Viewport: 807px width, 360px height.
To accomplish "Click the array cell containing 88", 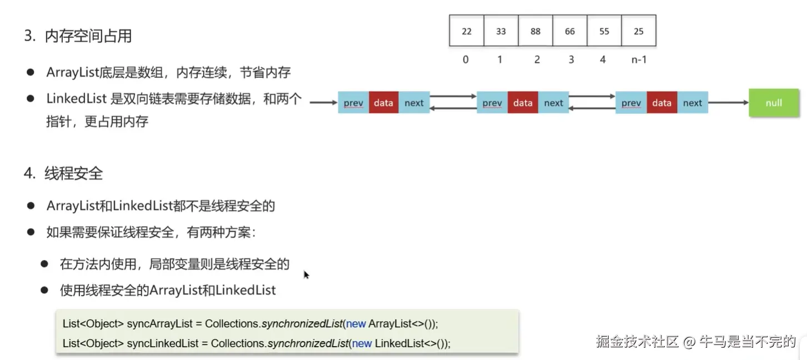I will pyautogui.click(x=535, y=31).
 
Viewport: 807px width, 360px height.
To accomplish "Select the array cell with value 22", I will pyautogui.click(x=467, y=31).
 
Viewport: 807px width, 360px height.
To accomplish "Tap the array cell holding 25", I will pyautogui.click(x=639, y=31).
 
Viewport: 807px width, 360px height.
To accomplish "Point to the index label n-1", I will pyautogui.click(x=639, y=59).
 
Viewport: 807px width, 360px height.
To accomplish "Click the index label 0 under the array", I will pyautogui.click(x=465, y=59).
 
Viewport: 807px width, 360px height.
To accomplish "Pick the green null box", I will pyautogui.click(x=774, y=103).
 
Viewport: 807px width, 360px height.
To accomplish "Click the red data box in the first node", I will pyautogui.click(x=383, y=103).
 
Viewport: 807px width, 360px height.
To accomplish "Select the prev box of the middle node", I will pyautogui.click(x=492, y=103).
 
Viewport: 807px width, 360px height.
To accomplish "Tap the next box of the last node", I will pyautogui.click(x=693, y=103).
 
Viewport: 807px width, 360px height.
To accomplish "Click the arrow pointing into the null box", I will pyautogui.click(x=728, y=103).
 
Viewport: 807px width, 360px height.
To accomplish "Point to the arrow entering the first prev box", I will pyautogui.click(x=324, y=103).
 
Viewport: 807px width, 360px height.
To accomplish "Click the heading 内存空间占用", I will pyautogui.click(x=88, y=37).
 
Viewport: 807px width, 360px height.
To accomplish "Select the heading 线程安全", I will pyautogui.click(x=74, y=174).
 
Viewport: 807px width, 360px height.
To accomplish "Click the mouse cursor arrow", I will pyautogui.click(x=306, y=274).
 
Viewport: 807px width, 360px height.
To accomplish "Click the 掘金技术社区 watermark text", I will pyautogui.click(x=638, y=341).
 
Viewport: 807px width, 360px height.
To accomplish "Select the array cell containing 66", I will pyautogui.click(x=570, y=31).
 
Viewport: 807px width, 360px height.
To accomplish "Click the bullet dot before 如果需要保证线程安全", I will pyautogui.click(x=31, y=232).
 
